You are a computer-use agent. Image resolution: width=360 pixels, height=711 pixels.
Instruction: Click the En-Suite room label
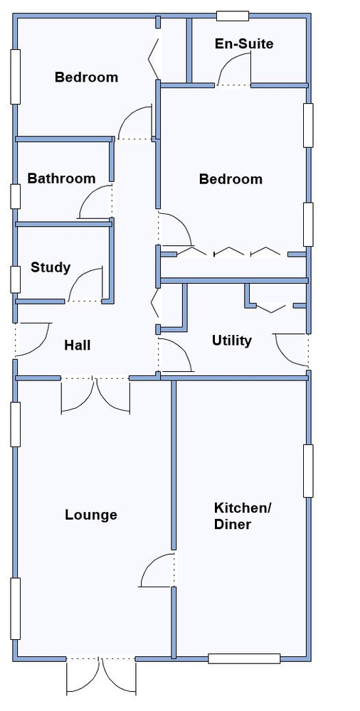pos(244,44)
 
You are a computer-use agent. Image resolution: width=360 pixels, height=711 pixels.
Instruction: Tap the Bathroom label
pos(61,178)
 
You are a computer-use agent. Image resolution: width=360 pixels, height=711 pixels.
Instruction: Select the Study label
pos(51,267)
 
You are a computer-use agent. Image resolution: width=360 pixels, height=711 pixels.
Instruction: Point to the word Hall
pos(77,345)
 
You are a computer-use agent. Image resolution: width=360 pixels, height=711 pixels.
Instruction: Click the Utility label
pos(231,341)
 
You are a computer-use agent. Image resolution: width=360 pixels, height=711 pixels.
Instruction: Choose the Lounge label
pos(91,515)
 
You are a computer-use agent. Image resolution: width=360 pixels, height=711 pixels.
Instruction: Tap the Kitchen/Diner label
pos(242,516)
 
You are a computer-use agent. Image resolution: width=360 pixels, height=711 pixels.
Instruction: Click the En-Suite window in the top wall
pos(233,16)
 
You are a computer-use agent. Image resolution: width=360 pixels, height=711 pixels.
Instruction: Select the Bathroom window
pos(16,196)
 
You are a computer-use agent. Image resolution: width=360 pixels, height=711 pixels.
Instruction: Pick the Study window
pos(16,279)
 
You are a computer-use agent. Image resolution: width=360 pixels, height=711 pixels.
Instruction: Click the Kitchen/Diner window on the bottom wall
pos(244,658)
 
